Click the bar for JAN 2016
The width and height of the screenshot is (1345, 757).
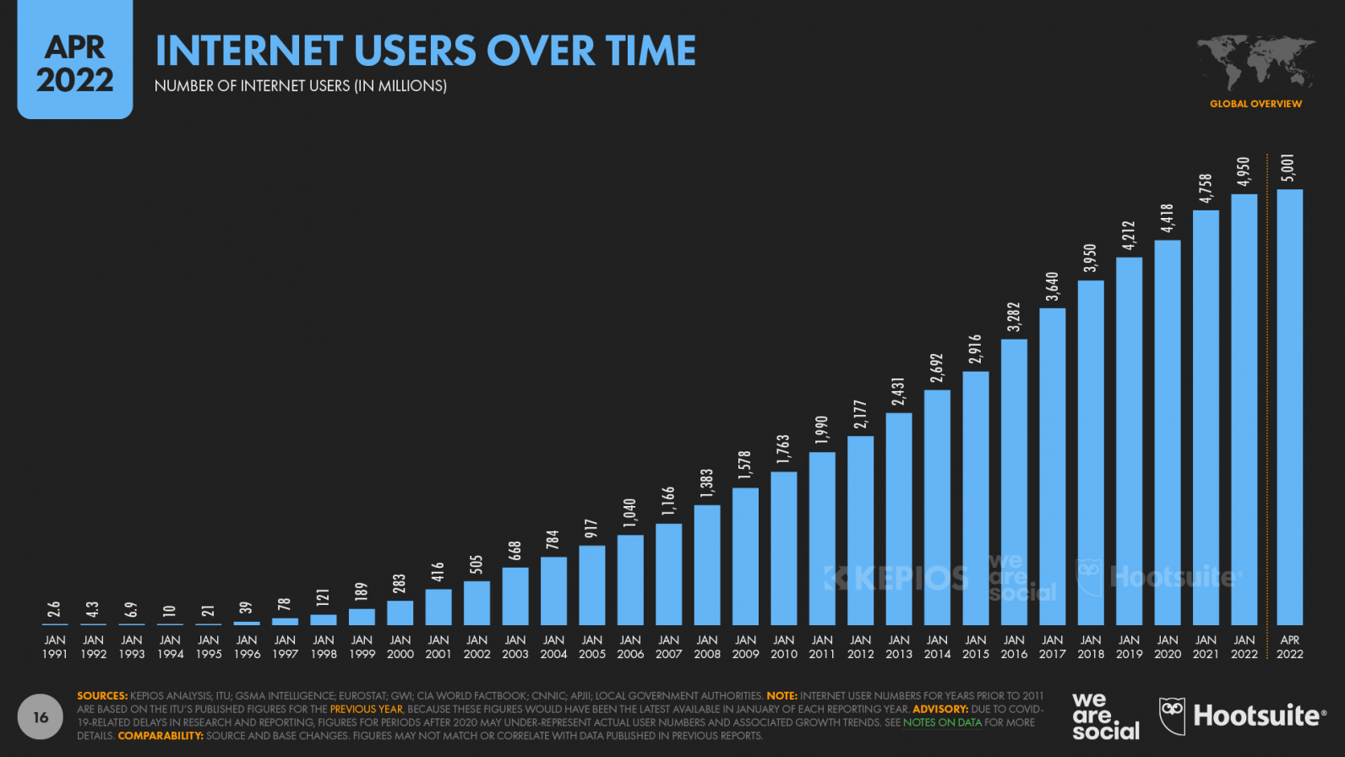1014,482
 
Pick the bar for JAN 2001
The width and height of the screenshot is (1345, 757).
438,607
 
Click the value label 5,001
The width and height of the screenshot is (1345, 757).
1288,168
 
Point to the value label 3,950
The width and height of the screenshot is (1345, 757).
1091,259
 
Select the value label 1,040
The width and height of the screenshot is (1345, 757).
629,513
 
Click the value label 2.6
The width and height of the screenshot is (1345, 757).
54,609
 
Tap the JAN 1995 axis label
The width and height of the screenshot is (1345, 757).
208,647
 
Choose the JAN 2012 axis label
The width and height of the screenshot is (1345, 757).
860,647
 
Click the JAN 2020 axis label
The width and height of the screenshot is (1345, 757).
1167,647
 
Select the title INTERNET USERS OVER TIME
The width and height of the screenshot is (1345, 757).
425,51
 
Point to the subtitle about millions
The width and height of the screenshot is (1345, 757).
300,86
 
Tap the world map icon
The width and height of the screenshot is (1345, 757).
1255,63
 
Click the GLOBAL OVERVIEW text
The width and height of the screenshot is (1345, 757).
1255,104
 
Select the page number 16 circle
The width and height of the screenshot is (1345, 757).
41,717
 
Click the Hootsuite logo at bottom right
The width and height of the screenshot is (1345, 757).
1242,716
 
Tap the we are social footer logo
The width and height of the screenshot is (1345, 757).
1105,716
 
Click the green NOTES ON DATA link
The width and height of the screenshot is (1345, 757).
941,722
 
